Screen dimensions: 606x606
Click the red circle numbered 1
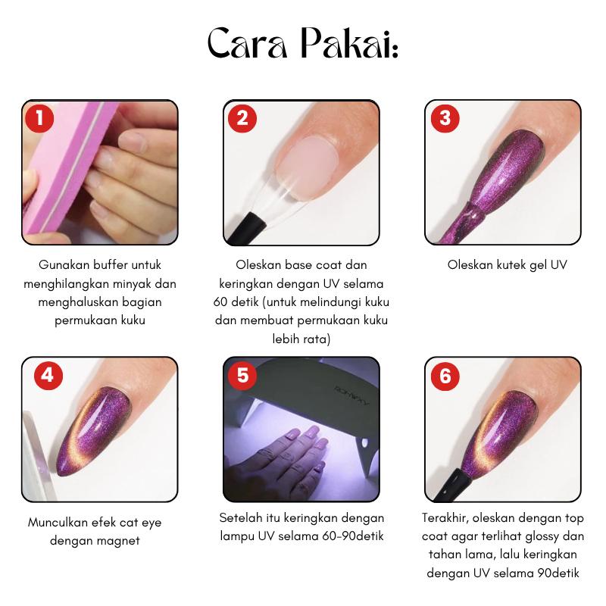click(x=39, y=118)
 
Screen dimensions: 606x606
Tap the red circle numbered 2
click(x=242, y=118)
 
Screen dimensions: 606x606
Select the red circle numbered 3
click(x=445, y=118)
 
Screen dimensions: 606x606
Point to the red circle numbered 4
click(x=48, y=375)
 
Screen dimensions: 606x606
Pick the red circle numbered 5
click(x=242, y=375)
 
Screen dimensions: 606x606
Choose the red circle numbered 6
click(x=445, y=376)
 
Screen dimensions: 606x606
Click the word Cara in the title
click(x=248, y=43)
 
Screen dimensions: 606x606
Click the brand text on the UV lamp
click(x=351, y=395)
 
